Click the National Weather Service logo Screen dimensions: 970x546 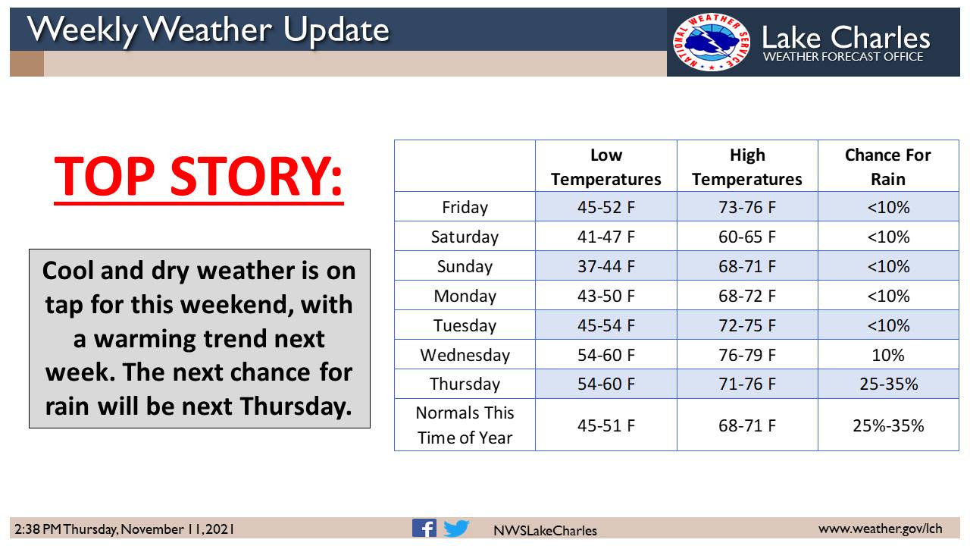(x=711, y=42)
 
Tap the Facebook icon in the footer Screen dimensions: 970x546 (x=424, y=529)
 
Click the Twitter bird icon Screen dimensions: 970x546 (x=456, y=529)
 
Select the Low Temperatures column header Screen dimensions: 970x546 (x=605, y=167)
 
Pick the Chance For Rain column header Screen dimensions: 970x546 (x=887, y=167)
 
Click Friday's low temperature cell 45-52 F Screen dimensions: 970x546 (x=605, y=207)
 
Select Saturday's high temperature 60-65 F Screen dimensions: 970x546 (x=747, y=237)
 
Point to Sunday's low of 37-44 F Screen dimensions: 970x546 (x=605, y=266)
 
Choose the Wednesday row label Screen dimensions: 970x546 (x=465, y=356)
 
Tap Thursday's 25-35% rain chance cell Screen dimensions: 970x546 (x=889, y=384)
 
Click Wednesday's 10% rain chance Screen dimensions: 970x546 (x=887, y=356)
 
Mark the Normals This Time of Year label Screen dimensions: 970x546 (x=465, y=425)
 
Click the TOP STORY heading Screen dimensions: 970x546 (x=199, y=177)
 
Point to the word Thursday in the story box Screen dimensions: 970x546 (x=296, y=406)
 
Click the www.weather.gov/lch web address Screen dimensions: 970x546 (x=880, y=529)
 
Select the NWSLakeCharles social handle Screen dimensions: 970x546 (x=545, y=530)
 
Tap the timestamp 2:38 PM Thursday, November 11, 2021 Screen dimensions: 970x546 (x=124, y=529)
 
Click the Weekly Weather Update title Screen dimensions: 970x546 (x=208, y=30)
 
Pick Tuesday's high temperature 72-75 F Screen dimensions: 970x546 (x=747, y=325)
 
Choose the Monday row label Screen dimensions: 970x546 (x=465, y=296)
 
